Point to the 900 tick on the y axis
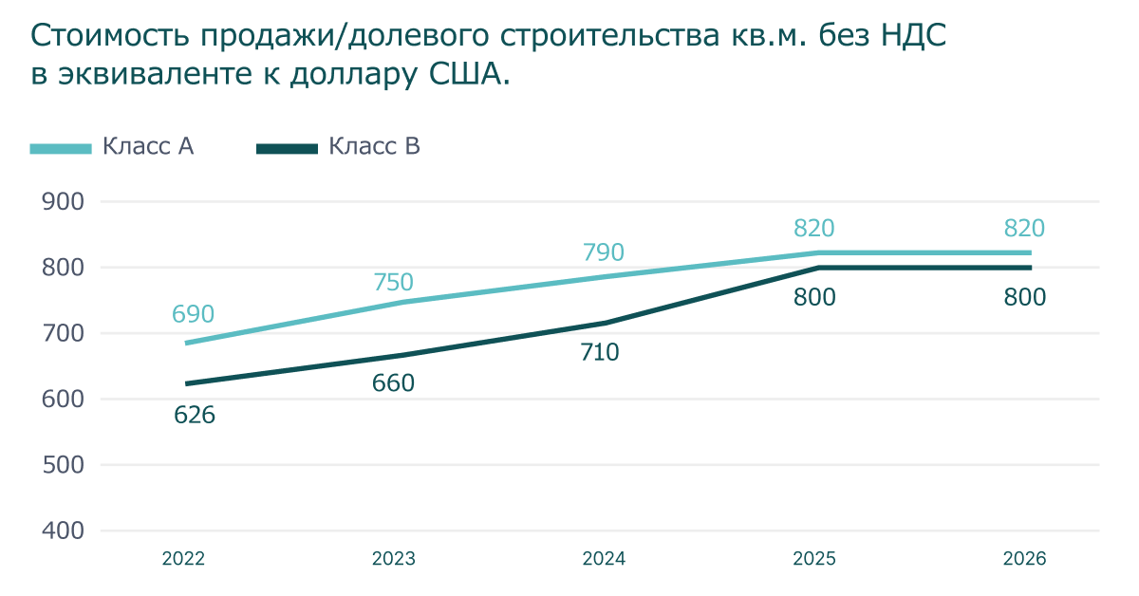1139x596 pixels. coord(65,201)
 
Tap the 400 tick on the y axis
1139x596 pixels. coord(65,531)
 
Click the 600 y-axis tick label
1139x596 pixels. coord(65,400)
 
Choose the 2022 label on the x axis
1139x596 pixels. coord(183,559)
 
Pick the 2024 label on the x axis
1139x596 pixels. coord(604,559)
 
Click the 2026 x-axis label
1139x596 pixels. coord(1024,559)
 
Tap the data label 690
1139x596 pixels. coord(194,314)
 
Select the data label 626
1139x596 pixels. coord(195,415)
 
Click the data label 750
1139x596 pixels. coord(393,282)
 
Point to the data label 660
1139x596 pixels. coord(394,383)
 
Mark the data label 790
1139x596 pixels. coord(604,252)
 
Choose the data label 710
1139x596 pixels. coord(599,353)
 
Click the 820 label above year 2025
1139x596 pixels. coord(813,228)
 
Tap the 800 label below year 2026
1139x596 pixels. coord(1025,298)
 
